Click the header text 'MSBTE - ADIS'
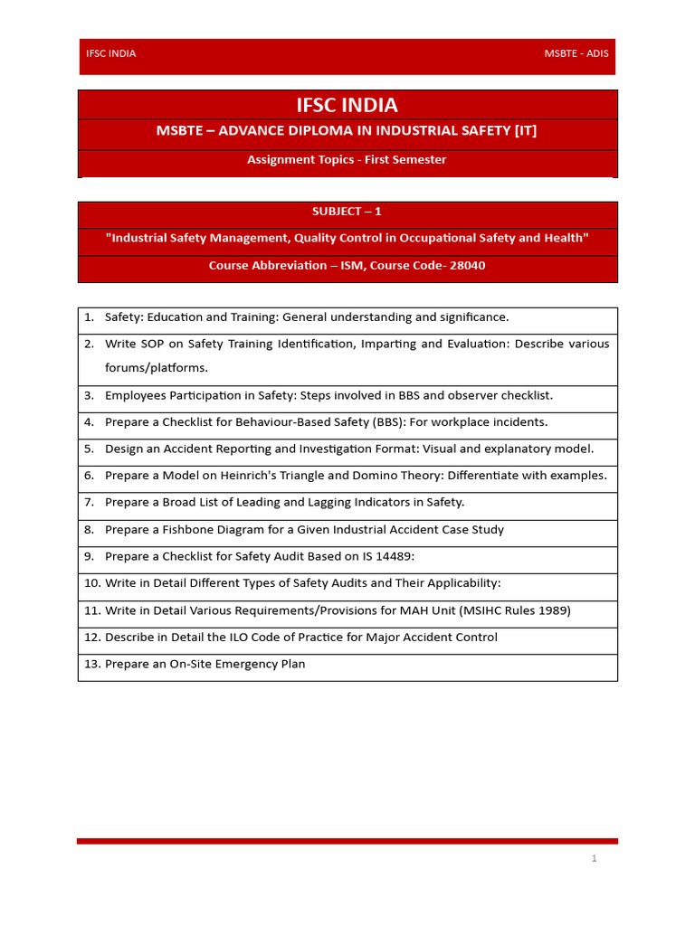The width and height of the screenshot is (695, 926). pyautogui.click(x=576, y=53)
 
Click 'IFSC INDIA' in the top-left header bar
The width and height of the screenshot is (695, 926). pyautogui.click(x=110, y=53)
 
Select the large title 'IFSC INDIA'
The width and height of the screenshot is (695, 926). pyautogui.click(x=347, y=106)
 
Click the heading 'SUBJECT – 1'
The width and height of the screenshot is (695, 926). pyautogui.click(x=347, y=212)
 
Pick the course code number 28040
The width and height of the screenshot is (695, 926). pyautogui.click(x=467, y=266)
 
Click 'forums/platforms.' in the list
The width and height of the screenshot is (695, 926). pyautogui.click(x=157, y=367)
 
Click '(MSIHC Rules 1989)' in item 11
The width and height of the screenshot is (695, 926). pyautogui.click(x=515, y=610)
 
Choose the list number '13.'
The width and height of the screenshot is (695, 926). pyautogui.click(x=91, y=664)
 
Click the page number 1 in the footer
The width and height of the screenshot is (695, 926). pyautogui.click(x=594, y=858)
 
